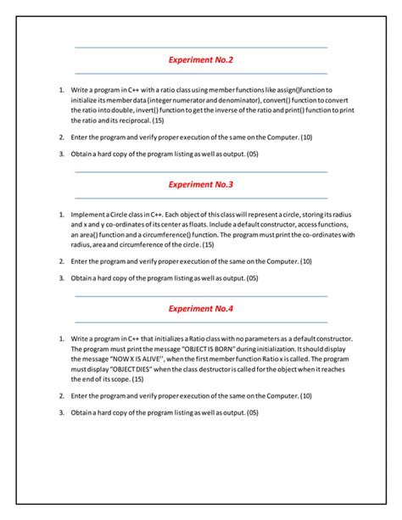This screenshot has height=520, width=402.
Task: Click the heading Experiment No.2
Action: click(201, 60)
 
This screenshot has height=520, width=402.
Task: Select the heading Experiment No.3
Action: click(201, 184)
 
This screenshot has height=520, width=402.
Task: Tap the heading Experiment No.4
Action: click(201, 309)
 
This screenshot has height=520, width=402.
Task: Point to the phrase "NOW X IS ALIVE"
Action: click(129, 360)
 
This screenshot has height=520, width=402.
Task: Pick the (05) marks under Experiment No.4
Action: click(252, 412)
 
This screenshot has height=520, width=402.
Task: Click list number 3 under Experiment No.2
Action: click(62, 154)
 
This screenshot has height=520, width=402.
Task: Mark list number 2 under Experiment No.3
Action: click(62, 261)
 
